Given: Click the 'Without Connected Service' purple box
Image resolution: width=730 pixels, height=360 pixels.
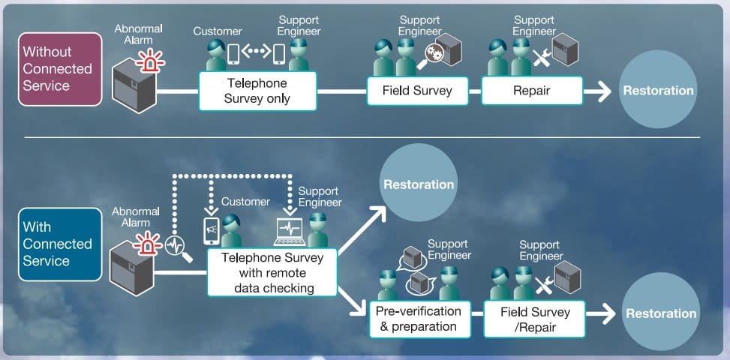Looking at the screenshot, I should (x=58, y=68).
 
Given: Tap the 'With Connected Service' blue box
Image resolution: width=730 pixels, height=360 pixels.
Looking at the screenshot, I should (x=58, y=244).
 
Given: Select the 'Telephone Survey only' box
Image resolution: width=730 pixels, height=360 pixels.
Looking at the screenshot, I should (x=257, y=91).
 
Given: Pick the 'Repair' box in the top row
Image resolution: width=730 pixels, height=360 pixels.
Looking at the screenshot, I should (x=532, y=91).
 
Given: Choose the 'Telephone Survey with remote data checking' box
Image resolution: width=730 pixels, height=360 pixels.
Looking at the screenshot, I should (x=272, y=272).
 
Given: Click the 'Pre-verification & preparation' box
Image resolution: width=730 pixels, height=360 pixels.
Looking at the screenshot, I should (x=418, y=319).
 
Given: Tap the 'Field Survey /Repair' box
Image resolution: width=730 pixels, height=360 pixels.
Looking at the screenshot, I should (x=535, y=319).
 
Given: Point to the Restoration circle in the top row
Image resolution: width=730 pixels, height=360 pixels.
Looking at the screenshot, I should (x=658, y=91).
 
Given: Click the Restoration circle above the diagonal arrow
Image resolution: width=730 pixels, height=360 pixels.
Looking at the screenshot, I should (x=419, y=184).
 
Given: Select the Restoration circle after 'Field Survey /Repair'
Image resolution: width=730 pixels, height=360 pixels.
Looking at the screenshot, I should (x=661, y=313).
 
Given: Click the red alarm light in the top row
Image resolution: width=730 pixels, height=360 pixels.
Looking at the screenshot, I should (x=152, y=62).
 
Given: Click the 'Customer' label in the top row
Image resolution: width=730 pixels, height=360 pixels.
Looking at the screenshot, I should (x=218, y=31).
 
